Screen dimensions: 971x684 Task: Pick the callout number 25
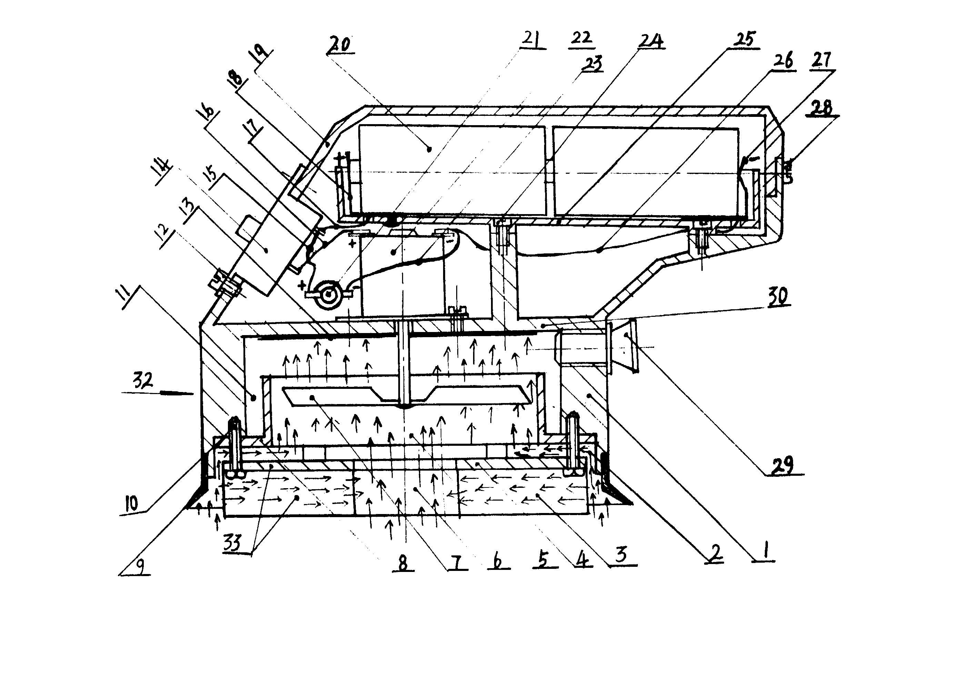click(745, 39)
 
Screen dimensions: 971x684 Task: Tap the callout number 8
click(403, 563)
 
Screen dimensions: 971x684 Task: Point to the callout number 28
click(823, 108)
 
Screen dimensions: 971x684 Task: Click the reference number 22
click(581, 38)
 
